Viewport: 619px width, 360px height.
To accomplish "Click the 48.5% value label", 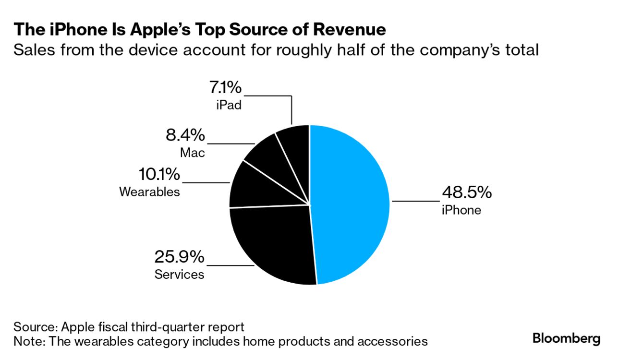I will (x=466, y=192).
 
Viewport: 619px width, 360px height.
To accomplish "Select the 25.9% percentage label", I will (x=179, y=257).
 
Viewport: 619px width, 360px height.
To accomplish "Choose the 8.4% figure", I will (x=185, y=135).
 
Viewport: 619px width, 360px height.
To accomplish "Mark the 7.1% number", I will (x=225, y=88).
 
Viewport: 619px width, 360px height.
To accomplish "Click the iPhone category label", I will (x=461, y=210).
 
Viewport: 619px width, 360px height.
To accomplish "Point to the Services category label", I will (x=179, y=275).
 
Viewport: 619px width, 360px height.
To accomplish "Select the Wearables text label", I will (x=149, y=192).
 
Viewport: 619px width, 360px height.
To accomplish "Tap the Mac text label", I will (x=193, y=153).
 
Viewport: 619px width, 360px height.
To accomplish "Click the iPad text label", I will (x=229, y=105).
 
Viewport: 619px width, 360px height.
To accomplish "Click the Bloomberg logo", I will (x=566, y=338).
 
